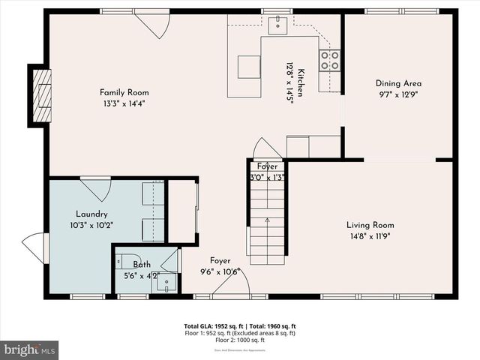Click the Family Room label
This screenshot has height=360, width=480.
pyautogui.click(x=124, y=92)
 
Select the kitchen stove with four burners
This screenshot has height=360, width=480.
pyautogui.click(x=330, y=60)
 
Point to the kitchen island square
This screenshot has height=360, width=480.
pyautogui.click(x=249, y=66)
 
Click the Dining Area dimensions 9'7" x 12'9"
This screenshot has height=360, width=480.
pyautogui.click(x=398, y=95)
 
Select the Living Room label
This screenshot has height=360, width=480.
pyautogui.click(x=370, y=225)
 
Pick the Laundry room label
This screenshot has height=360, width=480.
pyautogui.click(x=92, y=214)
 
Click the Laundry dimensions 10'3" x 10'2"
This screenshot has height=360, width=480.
pyautogui.click(x=92, y=224)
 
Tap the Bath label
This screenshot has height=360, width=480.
pyautogui.click(x=142, y=264)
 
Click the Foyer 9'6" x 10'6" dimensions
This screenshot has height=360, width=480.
pyautogui.click(x=220, y=271)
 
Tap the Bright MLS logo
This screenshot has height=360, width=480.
pyautogui.click(x=29, y=349)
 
